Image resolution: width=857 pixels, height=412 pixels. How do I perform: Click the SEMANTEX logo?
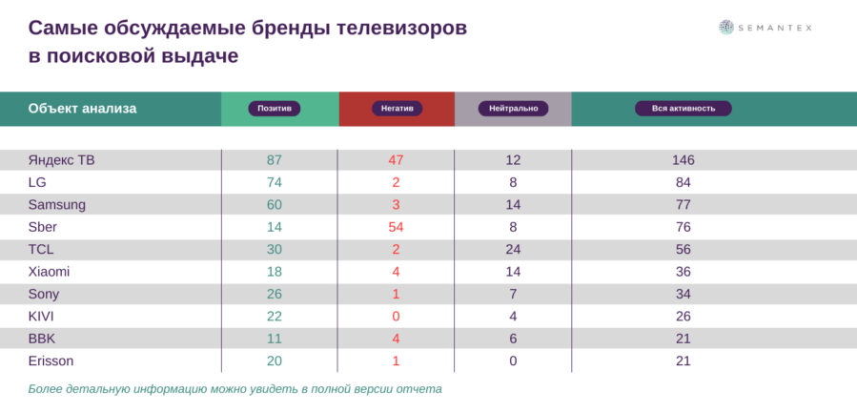tap(765, 28)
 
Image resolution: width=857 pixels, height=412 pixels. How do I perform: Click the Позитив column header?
tap(275, 109)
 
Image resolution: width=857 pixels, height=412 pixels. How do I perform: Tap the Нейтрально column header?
tap(513, 109)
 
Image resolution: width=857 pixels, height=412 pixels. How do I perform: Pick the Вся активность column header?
tap(684, 109)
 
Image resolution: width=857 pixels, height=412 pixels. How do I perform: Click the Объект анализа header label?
tap(82, 109)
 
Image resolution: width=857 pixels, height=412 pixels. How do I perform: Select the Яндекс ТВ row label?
tap(61, 159)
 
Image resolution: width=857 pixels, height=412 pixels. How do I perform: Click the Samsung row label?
tap(57, 204)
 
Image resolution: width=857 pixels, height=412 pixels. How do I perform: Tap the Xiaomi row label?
tap(50, 271)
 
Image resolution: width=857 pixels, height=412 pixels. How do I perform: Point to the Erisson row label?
tap(51, 360)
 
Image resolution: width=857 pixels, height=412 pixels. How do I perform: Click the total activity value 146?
tap(683, 159)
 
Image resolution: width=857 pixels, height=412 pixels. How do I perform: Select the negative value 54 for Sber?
tap(396, 226)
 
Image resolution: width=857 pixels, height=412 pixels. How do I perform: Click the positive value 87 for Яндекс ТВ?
tap(275, 159)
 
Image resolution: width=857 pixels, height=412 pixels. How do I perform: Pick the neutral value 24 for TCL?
tap(513, 249)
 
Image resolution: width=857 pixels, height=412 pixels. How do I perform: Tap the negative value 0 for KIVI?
tap(396, 316)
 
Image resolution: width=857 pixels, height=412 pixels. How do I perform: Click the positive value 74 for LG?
tap(275, 182)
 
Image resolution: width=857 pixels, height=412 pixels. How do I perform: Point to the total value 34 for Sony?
tap(683, 294)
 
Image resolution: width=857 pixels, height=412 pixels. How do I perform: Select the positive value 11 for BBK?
tap(275, 339)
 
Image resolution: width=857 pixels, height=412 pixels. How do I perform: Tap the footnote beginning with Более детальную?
tap(235, 389)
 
